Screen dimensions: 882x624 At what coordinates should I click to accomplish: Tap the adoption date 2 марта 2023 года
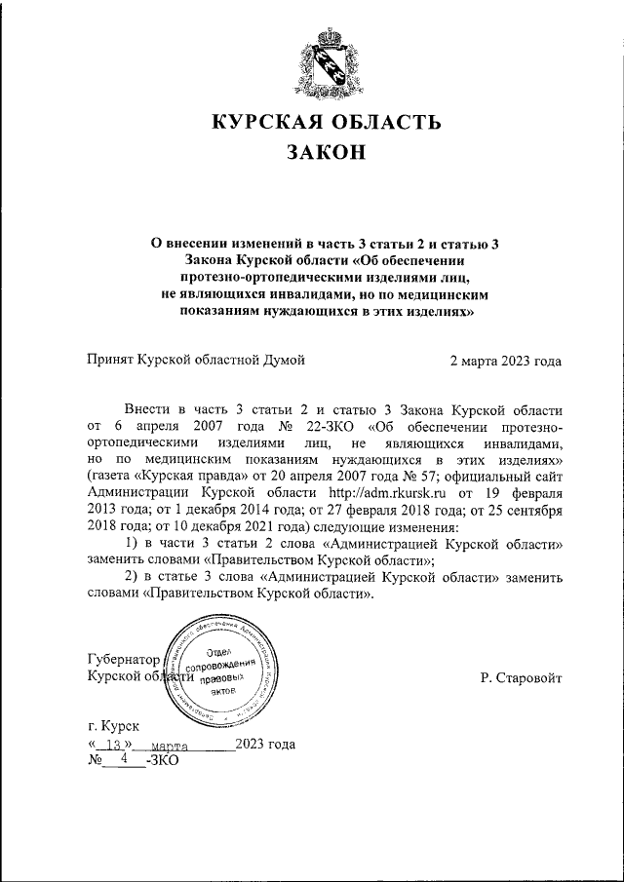505,360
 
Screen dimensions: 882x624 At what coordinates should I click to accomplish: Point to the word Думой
283,360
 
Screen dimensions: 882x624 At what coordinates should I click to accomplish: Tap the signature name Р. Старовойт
521,677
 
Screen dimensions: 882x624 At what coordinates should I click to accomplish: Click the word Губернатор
122,659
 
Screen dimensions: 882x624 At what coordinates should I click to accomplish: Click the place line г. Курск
113,726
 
